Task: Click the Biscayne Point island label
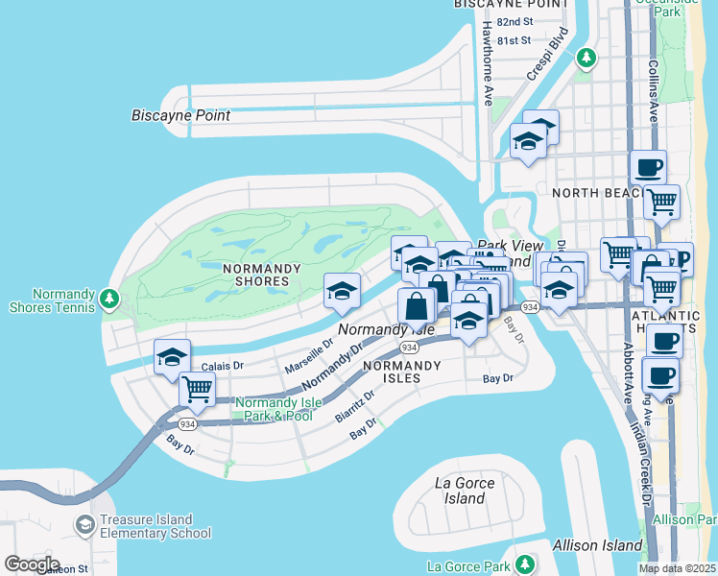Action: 180,115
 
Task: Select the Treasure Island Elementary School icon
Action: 85,526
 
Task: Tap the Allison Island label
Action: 597,545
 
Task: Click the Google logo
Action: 32,564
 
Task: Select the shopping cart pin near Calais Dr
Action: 197,390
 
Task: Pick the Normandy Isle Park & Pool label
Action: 275,409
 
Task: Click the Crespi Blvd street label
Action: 547,54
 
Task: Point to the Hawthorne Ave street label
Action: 488,63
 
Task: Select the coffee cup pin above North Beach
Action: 648,167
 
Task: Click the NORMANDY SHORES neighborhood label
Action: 249,275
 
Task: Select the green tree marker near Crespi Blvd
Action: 586,59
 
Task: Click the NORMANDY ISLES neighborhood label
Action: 401,372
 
